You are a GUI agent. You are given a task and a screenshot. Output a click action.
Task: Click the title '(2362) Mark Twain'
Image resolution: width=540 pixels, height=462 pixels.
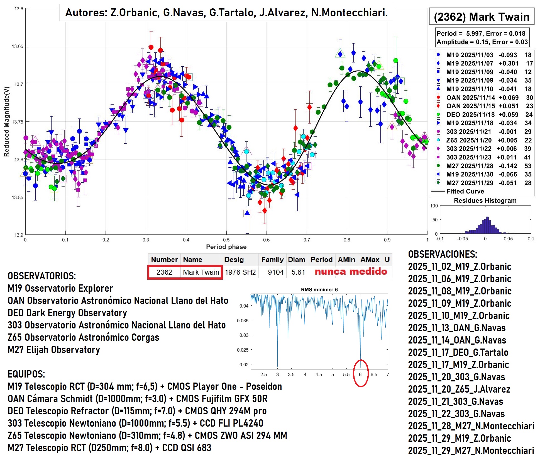pos(482,17)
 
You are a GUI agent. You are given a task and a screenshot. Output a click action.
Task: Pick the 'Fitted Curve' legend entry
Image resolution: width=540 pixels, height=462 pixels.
pos(465,191)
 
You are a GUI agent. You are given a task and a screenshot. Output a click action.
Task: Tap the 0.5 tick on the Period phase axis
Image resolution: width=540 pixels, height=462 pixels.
pos(226,240)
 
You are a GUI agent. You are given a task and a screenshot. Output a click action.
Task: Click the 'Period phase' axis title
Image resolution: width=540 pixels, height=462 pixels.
pos(226,247)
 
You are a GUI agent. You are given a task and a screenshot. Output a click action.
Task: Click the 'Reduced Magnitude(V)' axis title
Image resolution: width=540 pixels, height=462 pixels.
pos(7,122)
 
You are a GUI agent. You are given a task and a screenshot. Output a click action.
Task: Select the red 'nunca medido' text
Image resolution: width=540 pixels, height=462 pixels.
pos(351,272)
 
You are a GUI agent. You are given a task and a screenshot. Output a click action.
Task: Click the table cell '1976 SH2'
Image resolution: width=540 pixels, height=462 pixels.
pos(240,272)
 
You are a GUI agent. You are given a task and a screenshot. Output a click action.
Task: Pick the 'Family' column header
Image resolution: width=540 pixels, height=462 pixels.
pos(272,260)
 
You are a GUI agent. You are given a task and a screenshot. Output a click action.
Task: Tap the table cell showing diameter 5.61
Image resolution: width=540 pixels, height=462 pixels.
pos(298,272)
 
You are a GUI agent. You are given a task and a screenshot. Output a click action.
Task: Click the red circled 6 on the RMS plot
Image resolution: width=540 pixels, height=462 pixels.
pos(360,374)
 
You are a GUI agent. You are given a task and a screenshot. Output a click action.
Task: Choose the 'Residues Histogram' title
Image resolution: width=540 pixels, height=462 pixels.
pos(485,200)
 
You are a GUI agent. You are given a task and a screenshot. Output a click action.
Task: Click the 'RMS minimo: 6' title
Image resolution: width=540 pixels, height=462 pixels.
pos(319,290)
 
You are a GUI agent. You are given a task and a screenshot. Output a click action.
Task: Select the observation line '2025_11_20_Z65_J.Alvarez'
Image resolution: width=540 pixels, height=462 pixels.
pos(459,389)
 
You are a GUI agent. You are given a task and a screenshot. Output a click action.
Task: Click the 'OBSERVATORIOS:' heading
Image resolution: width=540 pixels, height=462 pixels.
pos(42,276)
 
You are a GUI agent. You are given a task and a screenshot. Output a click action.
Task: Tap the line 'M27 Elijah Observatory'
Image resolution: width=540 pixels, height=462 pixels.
pos(54,350)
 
